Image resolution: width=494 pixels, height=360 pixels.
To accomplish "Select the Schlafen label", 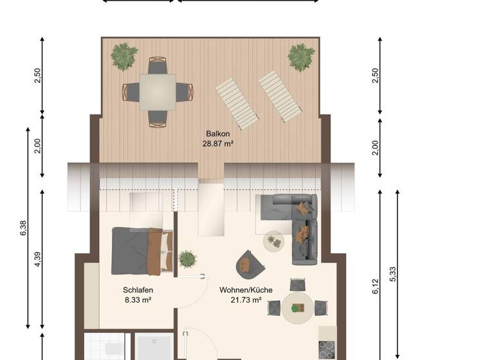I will pos(138,289).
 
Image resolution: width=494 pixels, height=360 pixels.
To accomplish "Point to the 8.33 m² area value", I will pos(138,300).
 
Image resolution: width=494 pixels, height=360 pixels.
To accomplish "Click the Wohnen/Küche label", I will pos(240,289).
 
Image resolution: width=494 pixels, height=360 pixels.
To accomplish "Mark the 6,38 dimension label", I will pos(24,228).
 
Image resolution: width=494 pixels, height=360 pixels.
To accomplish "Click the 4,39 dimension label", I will pos(39,259).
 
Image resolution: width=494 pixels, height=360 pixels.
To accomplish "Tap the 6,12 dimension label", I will pos(376,285).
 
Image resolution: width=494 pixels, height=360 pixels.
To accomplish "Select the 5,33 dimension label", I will pos(393,274).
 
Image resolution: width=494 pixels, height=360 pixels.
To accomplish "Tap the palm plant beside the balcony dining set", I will pos(123,57).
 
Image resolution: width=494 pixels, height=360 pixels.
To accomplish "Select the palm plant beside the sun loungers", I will pos(301,57).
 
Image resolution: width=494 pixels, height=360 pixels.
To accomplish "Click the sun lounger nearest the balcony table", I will pos(236,103).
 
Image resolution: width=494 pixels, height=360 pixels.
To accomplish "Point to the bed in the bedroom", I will pos(142,251).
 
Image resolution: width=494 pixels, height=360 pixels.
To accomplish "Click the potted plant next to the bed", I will pos(187,259).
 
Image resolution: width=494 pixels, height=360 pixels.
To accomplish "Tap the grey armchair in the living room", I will pos(250,262).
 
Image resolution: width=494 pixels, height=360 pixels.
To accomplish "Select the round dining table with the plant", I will pos(297,309).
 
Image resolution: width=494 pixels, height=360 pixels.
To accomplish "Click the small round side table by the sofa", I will pos(274,242).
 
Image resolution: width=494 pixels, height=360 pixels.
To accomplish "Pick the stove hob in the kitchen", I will pos(327,350).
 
